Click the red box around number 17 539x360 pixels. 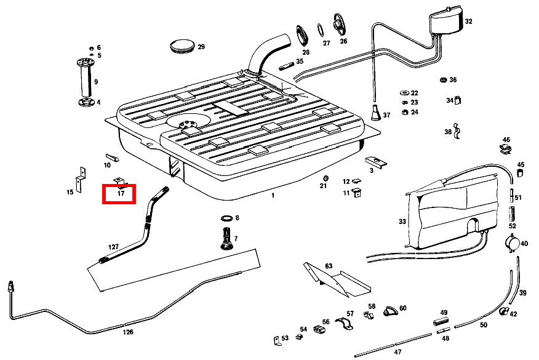tap(121, 193)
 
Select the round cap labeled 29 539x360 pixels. tap(182, 46)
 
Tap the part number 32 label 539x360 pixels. tap(468, 22)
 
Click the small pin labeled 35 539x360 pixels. tap(286, 62)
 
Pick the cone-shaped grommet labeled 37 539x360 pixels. tap(375, 113)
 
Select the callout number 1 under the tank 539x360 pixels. tap(273, 195)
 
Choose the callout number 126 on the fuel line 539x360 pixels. tap(127, 332)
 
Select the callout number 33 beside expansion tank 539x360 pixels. tap(402, 221)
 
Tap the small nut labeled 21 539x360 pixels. tap(324, 178)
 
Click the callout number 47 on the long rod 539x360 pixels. tap(397, 352)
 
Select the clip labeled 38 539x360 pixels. tap(458, 131)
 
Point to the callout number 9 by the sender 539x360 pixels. tap(96, 81)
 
